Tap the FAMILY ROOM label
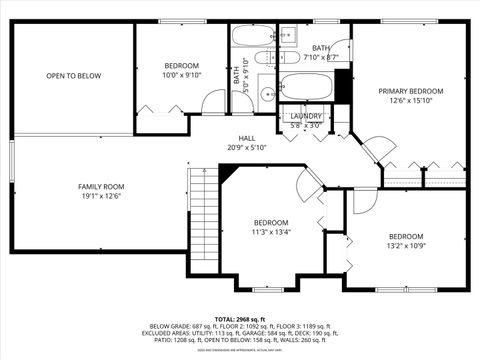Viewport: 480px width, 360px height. pyautogui.click(x=101, y=186)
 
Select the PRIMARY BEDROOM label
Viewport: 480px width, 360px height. pyautogui.click(x=410, y=91)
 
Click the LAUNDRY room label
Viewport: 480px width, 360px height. pyautogui.click(x=306, y=116)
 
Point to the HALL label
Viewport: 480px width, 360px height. pyautogui.click(x=247, y=138)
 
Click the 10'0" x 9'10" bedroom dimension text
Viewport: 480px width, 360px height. pyautogui.click(x=181, y=75)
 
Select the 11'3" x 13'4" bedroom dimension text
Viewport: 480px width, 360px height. pyautogui.click(x=270, y=232)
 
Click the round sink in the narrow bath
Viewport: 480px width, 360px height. pyautogui.click(x=267, y=95)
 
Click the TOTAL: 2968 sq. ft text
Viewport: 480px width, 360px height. pyautogui.click(x=240, y=317)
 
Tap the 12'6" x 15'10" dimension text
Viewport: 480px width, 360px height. pyautogui.click(x=410, y=100)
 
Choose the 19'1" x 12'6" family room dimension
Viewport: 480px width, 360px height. pyautogui.click(x=101, y=196)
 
